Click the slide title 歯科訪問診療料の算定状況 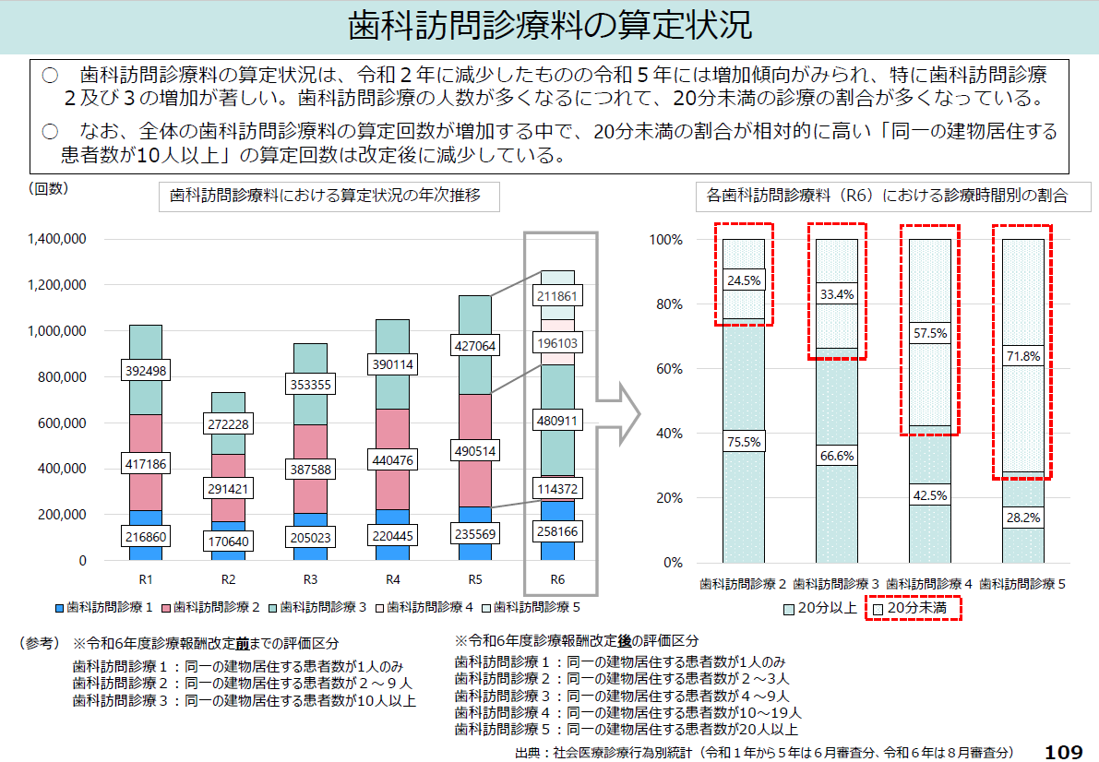coord(549,26)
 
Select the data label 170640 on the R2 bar coord(228,541)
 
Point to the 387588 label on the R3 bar coord(310,470)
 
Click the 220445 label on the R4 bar coord(392,536)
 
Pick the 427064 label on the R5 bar coord(474,346)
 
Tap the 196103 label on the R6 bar coord(557,342)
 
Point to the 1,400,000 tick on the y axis coord(57,239)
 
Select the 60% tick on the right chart coord(667,369)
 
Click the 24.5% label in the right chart coord(744,280)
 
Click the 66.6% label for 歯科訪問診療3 coord(836,455)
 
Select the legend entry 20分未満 coord(913,609)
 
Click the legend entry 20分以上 coord(819,609)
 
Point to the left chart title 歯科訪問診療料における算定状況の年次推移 coord(325,196)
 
